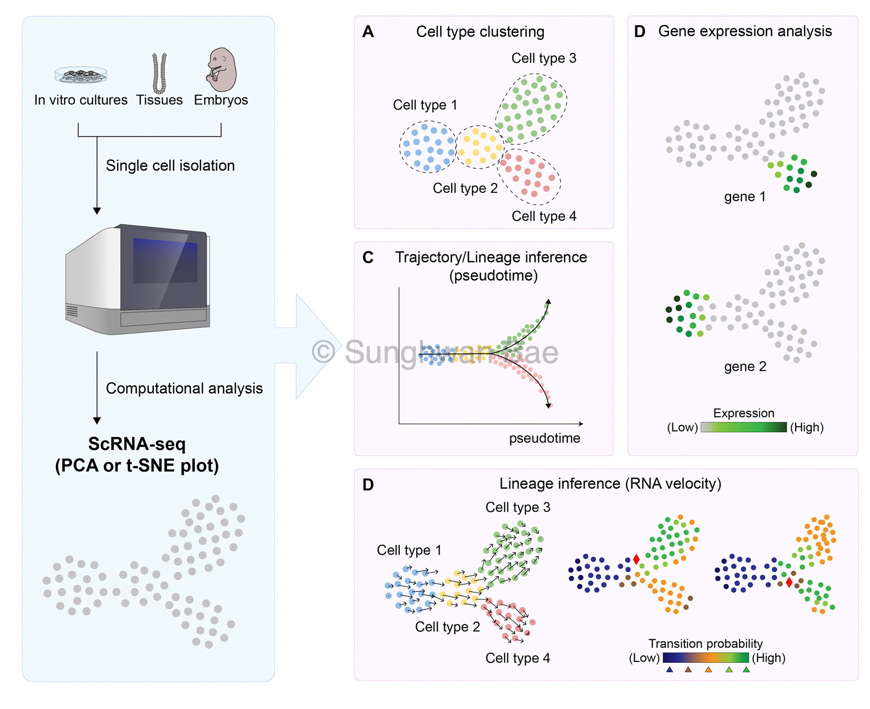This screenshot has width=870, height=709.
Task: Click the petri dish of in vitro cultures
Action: (x=81, y=75)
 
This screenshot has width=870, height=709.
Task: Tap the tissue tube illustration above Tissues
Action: (x=159, y=73)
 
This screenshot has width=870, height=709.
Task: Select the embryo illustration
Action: (x=222, y=70)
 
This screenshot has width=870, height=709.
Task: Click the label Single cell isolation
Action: (x=170, y=166)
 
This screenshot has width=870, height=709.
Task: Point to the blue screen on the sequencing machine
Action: (x=165, y=260)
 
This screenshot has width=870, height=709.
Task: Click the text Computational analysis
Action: (x=184, y=388)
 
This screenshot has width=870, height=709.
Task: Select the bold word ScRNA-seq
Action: (x=137, y=444)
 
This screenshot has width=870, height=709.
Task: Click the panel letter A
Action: (x=368, y=32)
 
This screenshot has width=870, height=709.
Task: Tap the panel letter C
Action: (x=368, y=258)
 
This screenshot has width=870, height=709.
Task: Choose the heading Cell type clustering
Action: (x=480, y=32)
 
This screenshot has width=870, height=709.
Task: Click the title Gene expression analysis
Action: (x=744, y=31)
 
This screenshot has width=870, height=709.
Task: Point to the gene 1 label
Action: (x=744, y=196)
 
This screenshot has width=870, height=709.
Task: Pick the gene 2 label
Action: (x=744, y=366)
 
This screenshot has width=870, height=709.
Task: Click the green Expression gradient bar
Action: (x=743, y=427)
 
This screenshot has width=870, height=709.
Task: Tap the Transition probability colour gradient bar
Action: (x=706, y=658)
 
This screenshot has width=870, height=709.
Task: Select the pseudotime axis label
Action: (x=544, y=438)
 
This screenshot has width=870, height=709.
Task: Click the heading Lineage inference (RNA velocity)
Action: (x=610, y=484)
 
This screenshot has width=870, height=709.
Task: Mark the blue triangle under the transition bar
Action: (x=669, y=670)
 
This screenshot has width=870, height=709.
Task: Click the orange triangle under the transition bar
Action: (x=708, y=670)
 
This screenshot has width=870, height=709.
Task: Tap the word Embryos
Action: (x=221, y=100)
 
